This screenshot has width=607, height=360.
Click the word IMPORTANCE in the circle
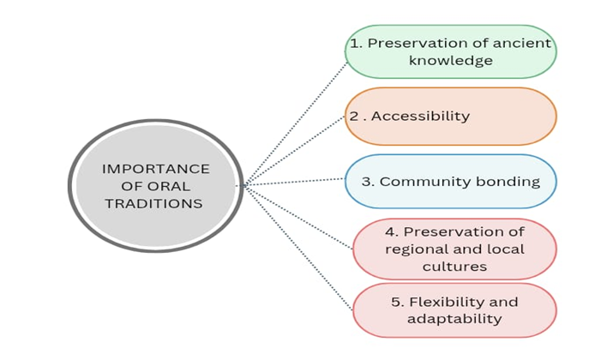coord(155,168)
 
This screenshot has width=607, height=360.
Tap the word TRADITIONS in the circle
coord(155,203)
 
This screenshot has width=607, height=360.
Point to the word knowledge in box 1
coord(451,60)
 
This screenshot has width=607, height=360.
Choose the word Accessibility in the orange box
coord(421,116)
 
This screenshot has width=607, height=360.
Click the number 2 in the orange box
coord(352,116)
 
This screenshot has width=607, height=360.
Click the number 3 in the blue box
coord(366,182)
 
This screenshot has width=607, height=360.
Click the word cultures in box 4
coord(454,266)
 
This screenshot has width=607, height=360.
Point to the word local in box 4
coord(504,249)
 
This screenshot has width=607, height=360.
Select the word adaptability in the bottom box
coord(454,319)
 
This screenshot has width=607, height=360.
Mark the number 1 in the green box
coord(355,43)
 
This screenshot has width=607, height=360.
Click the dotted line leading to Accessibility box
coord(296,149)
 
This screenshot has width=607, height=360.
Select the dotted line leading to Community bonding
coord(296,182)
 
